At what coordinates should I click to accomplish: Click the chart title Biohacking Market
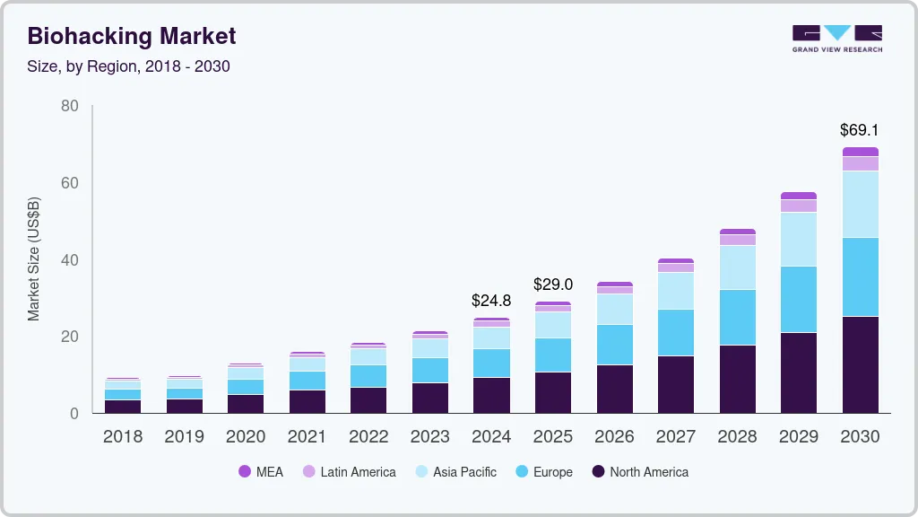tap(131, 36)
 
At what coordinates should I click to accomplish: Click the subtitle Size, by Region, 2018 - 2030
tap(128, 66)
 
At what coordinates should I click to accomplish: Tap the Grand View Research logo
tap(836, 38)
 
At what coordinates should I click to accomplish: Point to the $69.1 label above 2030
tap(859, 130)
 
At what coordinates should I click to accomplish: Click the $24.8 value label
tap(491, 301)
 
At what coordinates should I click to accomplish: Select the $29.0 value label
tap(552, 285)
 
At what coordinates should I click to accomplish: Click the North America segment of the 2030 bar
tap(860, 364)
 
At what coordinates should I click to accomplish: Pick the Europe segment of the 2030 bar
tap(860, 276)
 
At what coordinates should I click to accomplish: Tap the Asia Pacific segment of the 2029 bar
tap(799, 239)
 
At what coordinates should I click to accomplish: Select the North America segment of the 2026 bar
tap(614, 388)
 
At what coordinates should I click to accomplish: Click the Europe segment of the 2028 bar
tap(737, 317)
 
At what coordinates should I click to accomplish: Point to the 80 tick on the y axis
tap(69, 106)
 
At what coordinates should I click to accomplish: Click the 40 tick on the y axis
tap(69, 260)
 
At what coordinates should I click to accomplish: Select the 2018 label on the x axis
tap(123, 437)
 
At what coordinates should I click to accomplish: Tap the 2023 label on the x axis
tap(429, 437)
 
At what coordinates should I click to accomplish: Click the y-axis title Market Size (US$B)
tap(34, 259)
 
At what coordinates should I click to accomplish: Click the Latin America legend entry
tap(349, 471)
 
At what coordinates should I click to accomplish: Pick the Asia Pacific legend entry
tap(455, 471)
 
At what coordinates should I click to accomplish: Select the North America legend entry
tap(640, 471)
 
